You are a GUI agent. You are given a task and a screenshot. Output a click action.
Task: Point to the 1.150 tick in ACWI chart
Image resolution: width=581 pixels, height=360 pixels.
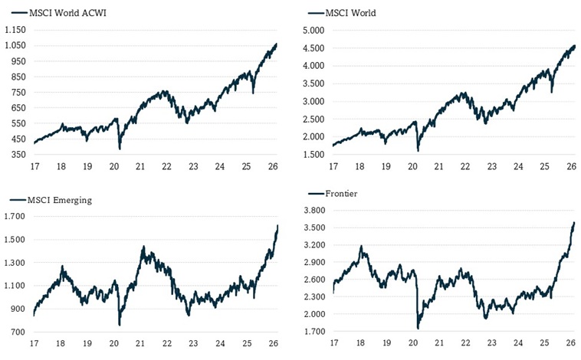click(x=15, y=29)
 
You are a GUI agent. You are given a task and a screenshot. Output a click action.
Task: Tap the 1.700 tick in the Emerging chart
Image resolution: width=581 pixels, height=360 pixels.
click(x=15, y=217)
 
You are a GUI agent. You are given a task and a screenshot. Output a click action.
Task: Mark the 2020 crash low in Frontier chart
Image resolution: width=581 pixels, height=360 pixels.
click(x=418, y=329)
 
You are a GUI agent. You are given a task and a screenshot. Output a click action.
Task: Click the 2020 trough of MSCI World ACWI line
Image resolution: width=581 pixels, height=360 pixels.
click(x=120, y=148)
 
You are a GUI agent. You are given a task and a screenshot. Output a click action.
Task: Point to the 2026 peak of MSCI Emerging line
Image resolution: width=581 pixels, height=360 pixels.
click(x=277, y=225)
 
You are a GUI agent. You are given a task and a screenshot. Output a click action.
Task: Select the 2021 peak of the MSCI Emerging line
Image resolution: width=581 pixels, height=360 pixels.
click(x=143, y=247)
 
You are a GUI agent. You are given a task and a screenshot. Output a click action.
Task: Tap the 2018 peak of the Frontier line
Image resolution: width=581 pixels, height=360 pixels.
click(x=361, y=247)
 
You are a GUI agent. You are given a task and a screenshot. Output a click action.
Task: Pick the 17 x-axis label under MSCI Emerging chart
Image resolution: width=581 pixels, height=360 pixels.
click(x=34, y=345)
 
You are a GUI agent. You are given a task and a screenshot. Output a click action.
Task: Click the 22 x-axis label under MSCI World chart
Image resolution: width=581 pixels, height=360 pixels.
click(x=464, y=166)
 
